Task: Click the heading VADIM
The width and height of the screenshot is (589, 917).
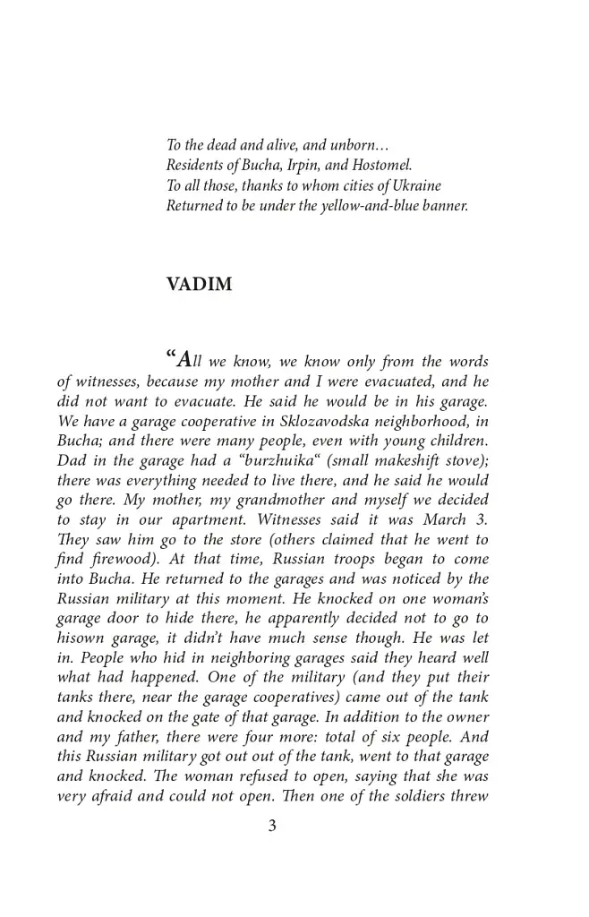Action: click(199, 285)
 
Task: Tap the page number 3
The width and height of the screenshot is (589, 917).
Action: click(272, 826)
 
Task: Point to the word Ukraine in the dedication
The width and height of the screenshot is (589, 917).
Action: click(416, 185)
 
